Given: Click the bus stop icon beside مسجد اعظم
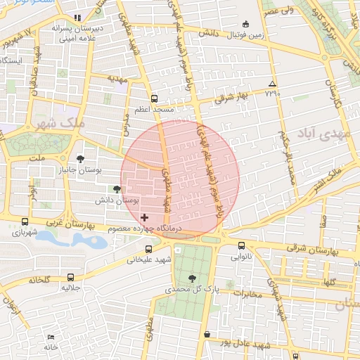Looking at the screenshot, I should pos(154,98).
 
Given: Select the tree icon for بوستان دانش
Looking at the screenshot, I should pos(117,189).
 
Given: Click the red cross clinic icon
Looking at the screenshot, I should pos(145,218).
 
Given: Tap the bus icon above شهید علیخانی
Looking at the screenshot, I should pos(148,249).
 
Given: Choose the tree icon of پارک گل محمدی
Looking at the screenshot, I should pos(192,278).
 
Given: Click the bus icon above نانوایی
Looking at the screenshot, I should pos(242,246).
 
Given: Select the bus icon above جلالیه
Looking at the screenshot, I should pos(70,277).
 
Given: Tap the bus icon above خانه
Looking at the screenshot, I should pos(49,337).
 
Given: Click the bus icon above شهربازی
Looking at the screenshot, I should pos(25,221).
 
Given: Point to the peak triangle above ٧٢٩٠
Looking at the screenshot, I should pos(272,84).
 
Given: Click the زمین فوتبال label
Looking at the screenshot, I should pos(246,33).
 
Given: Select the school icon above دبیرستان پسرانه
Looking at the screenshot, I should pos(77,17).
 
